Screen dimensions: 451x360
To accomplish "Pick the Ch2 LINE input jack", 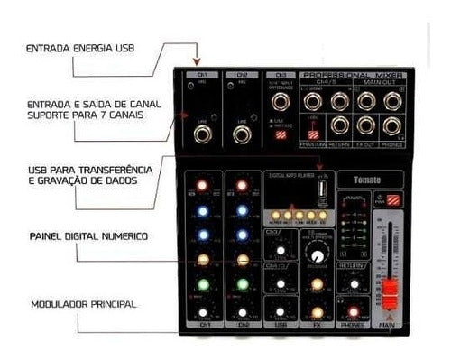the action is (x=241, y=135).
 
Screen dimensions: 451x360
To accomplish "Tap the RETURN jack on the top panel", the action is (x=339, y=125).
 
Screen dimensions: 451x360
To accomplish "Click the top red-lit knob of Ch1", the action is (x=203, y=186).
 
